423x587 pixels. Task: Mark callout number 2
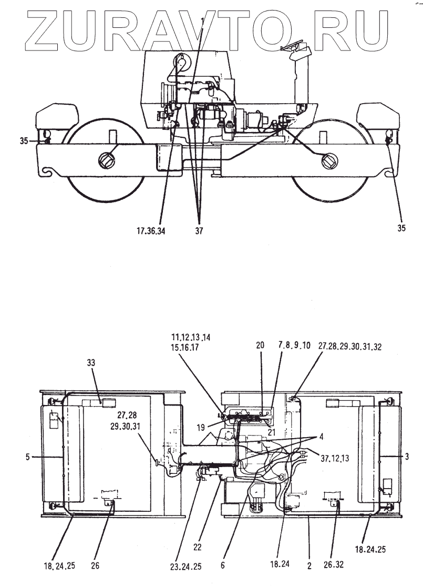309,566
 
